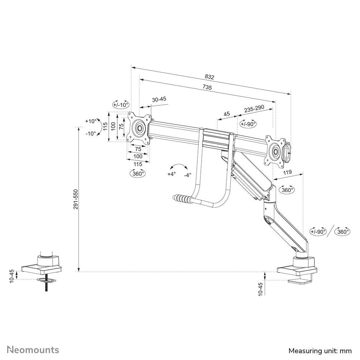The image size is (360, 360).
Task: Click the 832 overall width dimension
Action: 209,77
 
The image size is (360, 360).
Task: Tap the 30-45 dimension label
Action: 159,100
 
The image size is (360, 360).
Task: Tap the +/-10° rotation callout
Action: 120,105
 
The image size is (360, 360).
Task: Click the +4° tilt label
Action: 172,174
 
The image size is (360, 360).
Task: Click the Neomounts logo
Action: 33,350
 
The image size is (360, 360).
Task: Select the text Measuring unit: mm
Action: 320,350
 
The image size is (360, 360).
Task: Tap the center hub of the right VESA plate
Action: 275,151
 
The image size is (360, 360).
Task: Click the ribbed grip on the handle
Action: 182,199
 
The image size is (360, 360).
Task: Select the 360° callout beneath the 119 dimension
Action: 286,190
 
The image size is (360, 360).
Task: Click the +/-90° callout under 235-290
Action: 248,124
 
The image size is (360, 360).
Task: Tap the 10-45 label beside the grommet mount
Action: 11,275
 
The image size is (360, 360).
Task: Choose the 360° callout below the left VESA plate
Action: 137,173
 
